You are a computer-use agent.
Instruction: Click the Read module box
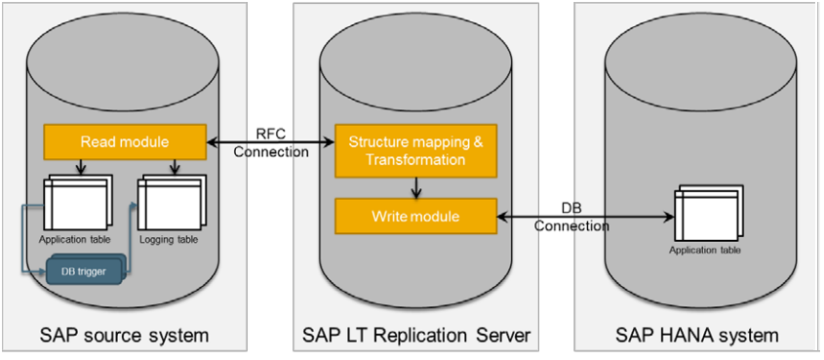pyautogui.click(x=125, y=141)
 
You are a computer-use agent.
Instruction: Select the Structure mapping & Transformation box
pyautogui.click(x=415, y=150)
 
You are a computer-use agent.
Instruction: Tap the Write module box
pyautogui.click(x=415, y=216)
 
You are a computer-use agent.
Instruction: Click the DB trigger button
pyautogui.click(x=87, y=270)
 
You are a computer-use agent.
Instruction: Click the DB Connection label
pyautogui.click(x=571, y=218)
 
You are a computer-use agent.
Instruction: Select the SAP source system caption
pyautogui.click(x=125, y=336)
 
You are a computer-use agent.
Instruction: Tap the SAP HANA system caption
pyautogui.click(x=697, y=336)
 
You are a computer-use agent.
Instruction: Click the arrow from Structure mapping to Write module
pyautogui.click(x=416, y=187)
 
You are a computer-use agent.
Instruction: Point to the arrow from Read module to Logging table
pyautogui.click(x=175, y=168)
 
